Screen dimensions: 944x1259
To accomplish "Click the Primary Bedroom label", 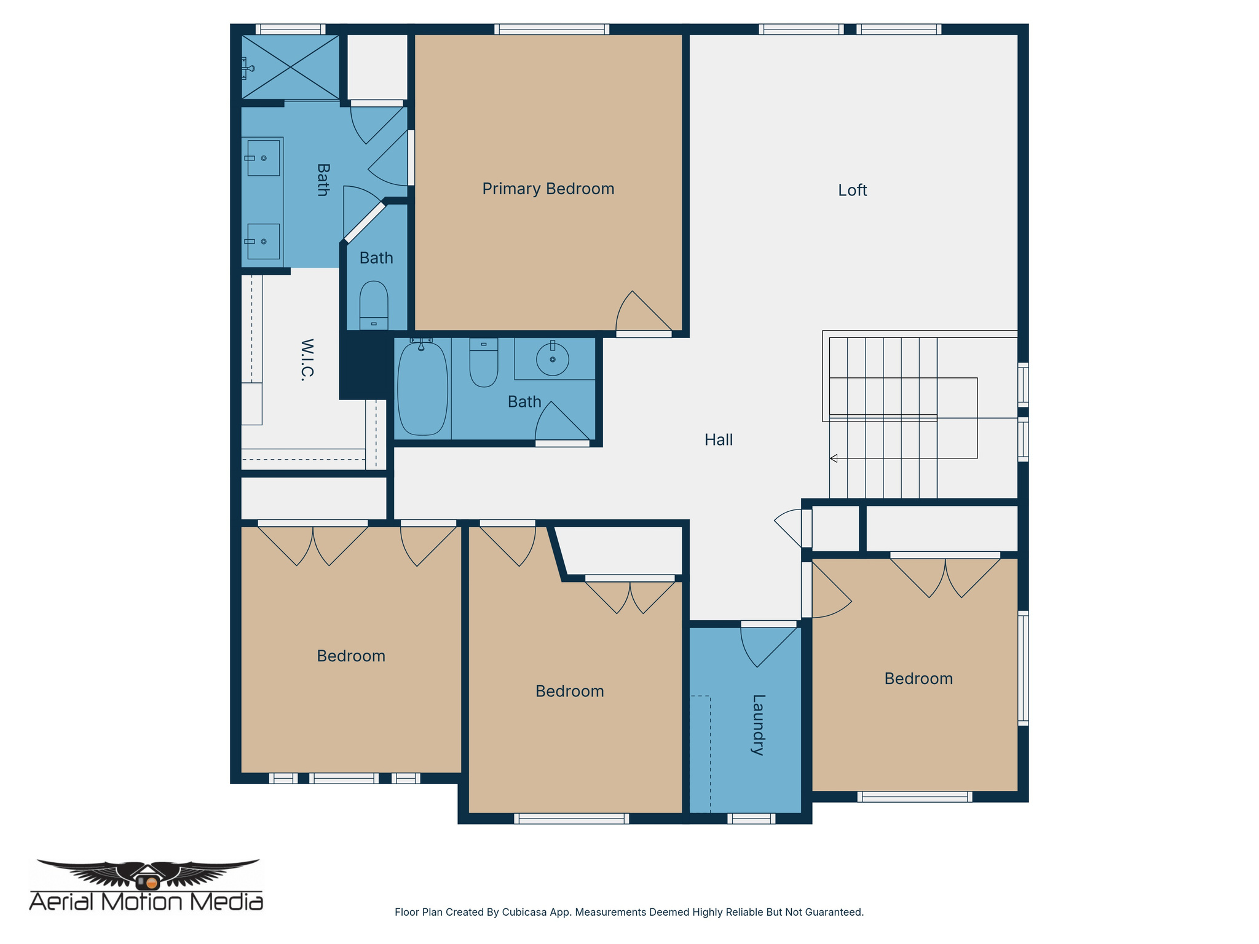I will [548, 189].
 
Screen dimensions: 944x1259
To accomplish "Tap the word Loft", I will [852, 191].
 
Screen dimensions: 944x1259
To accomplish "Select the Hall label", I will [718, 440].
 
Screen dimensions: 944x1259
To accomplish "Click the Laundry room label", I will [758, 725].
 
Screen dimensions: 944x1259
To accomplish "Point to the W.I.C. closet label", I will [307, 360].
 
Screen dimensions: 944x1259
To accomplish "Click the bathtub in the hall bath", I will [422, 388].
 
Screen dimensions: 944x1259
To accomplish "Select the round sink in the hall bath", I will [552, 359].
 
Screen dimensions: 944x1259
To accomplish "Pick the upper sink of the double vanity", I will [264, 158].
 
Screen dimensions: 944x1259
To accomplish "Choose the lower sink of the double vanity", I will [263, 242].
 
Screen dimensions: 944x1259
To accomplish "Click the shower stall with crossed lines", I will [290, 67].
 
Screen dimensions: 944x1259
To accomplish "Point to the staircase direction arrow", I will [834, 458].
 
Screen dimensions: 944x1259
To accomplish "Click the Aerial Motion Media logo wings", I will [148, 873].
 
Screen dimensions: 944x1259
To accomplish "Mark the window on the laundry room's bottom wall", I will [751, 818].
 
